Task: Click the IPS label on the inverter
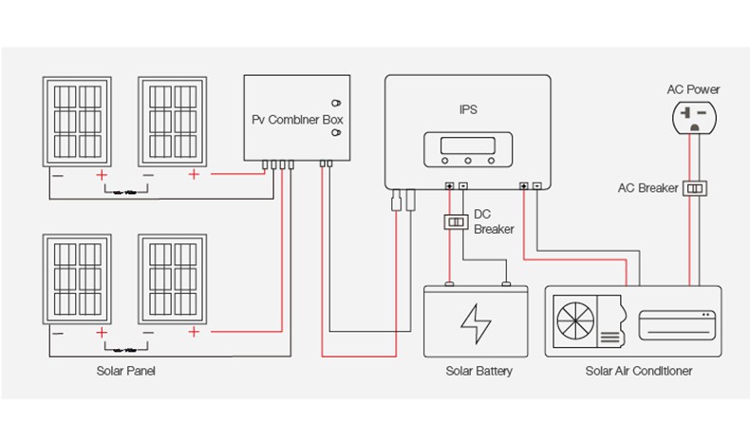click(467, 109)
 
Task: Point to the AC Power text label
click(693, 89)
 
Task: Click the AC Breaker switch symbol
click(698, 188)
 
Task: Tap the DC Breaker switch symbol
click(456, 222)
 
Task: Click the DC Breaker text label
click(493, 222)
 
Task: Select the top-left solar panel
click(77, 122)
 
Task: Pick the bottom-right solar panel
click(173, 279)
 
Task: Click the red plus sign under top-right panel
click(194, 175)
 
